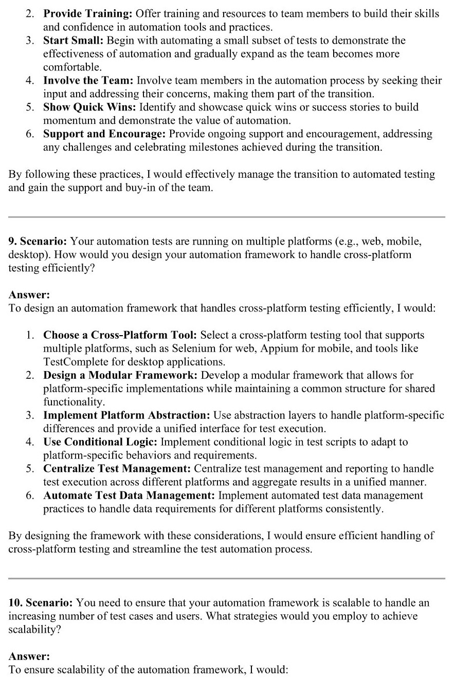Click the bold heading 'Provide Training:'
click(x=88, y=14)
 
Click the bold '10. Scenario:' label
click(x=41, y=603)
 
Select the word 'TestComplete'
click(x=75, y=362)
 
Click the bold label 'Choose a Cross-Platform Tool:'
click(x=120, y=335)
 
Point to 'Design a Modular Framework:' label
click(x=120, y=375)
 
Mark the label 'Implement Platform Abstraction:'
click(x=127, y=415)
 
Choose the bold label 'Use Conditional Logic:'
click(x=101, y=442)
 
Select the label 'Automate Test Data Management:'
click(x=130, y=496)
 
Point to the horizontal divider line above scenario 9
click(x=227, y=217)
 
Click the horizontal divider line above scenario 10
click(x=227, y=578)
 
